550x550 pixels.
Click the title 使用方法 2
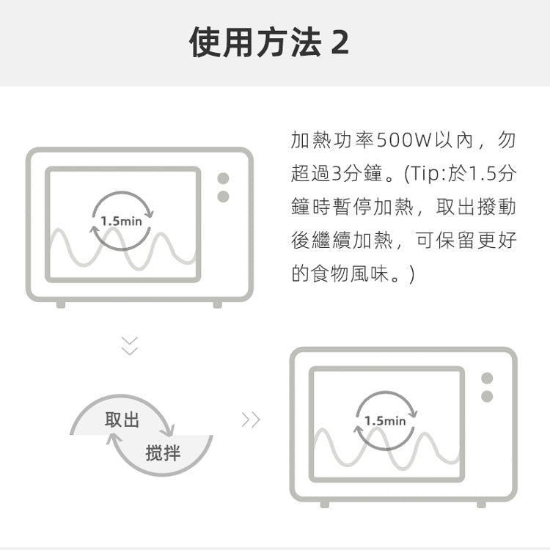pos(269,42)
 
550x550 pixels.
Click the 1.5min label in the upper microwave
pos(121,221)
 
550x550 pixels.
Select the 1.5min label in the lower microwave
pos(385,421)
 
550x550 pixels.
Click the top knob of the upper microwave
pos(223,178)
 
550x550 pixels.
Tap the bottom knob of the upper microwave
pos(223,197)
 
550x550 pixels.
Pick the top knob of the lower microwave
pos(487,378)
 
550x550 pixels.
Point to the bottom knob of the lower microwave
pos(487,396)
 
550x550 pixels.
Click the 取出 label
pos(122,419)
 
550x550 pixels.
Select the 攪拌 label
pos(163,452)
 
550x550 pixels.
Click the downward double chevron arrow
pos(129,346)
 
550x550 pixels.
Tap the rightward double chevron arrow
pos(251,419)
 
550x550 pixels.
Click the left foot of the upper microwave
pos(61,304)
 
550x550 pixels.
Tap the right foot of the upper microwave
pos(218,304)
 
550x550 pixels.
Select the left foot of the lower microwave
pos(325,504)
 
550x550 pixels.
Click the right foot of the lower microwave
pos(481,504)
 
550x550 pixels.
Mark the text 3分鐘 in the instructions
pos(356,173)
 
